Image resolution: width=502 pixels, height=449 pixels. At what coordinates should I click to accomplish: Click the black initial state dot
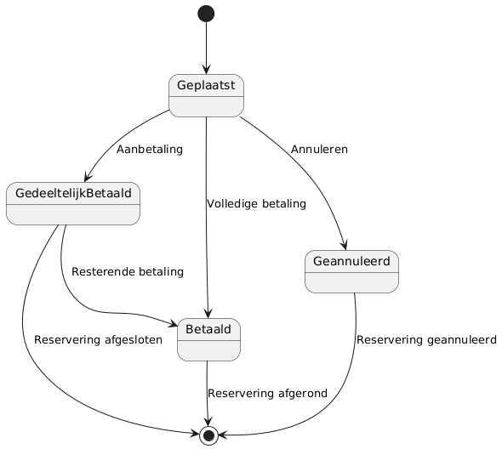(x=206, y=14)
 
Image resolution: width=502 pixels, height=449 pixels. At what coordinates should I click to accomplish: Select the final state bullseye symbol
(x=208, y=435)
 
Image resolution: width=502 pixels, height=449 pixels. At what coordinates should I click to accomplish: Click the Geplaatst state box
(x=206, y=96)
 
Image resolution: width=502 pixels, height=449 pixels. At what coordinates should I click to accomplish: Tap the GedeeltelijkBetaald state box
(x=73, y=203)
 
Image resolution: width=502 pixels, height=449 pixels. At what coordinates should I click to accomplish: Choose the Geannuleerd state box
(x=352, y=272)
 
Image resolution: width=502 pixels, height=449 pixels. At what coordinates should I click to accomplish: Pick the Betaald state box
(x=208, y=339)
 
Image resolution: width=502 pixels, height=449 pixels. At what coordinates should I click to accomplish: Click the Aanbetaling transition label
(x=150, y=150)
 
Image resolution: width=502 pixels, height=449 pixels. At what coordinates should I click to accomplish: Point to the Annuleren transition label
(x=319, y=150)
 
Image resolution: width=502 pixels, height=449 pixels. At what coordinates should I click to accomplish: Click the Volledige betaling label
(x=256, y=204)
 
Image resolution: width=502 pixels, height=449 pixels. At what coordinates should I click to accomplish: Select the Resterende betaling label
(x=128, y=272)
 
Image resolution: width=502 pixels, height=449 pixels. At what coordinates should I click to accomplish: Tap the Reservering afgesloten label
(x=99, y=339)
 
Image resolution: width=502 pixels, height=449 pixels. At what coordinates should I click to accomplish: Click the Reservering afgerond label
(x=268, y=393)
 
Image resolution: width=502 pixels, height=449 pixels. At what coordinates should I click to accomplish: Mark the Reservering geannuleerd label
(x=427, y=339)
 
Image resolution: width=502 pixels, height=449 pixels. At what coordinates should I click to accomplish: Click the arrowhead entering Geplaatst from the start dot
(x=206, y=70)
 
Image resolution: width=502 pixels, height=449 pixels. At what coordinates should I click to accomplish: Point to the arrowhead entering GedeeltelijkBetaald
(x=88, y=178)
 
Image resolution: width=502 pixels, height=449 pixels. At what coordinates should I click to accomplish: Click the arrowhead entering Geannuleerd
(x=345, y=246)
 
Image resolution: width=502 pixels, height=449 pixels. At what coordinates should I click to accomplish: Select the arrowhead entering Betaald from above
(x=208, y=314)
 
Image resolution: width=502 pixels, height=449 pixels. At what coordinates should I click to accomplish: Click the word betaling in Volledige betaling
(x=284, y=204)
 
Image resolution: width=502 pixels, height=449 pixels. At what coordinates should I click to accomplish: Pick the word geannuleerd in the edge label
(x=461, y=339)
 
